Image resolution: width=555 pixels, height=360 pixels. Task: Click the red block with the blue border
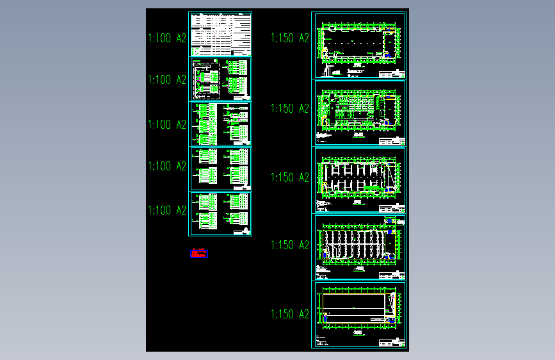tap(199, 254)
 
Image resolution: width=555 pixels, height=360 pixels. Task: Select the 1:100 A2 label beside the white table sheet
tap(167, 38)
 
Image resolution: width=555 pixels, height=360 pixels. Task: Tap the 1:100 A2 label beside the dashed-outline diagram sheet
tap(167, 80)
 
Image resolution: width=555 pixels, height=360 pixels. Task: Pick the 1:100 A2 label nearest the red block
tap(167, 210)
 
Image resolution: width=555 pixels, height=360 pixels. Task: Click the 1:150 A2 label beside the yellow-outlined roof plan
tap(290, 314)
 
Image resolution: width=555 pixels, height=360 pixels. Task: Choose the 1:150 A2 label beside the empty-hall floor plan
tap(290, 38)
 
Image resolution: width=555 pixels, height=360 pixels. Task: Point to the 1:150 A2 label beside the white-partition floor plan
tap(290, 177)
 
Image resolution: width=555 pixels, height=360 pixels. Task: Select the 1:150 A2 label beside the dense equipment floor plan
tap(290, 108)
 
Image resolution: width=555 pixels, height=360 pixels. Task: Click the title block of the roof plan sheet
tap(392, 343)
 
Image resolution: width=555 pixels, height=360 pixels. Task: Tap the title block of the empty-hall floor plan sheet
tap(392, 72)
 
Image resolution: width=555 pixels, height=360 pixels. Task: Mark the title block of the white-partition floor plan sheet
tap(392, 208)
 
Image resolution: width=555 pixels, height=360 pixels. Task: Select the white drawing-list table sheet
tap(220, 34)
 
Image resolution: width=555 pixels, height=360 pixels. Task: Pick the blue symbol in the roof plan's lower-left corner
tap(326, 318)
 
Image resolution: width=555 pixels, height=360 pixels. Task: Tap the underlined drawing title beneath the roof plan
tap(359, 333)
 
